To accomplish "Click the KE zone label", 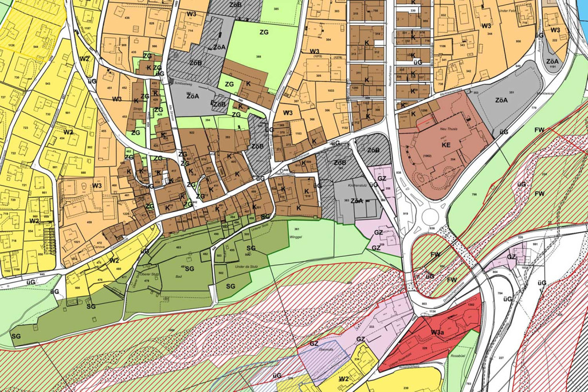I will (446, 146).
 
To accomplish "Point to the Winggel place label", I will (295, 236).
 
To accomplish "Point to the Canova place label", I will (85, 248).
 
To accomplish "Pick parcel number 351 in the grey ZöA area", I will (511, 92).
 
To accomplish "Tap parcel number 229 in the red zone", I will (425, 348).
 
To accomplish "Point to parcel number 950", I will (518, 41).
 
